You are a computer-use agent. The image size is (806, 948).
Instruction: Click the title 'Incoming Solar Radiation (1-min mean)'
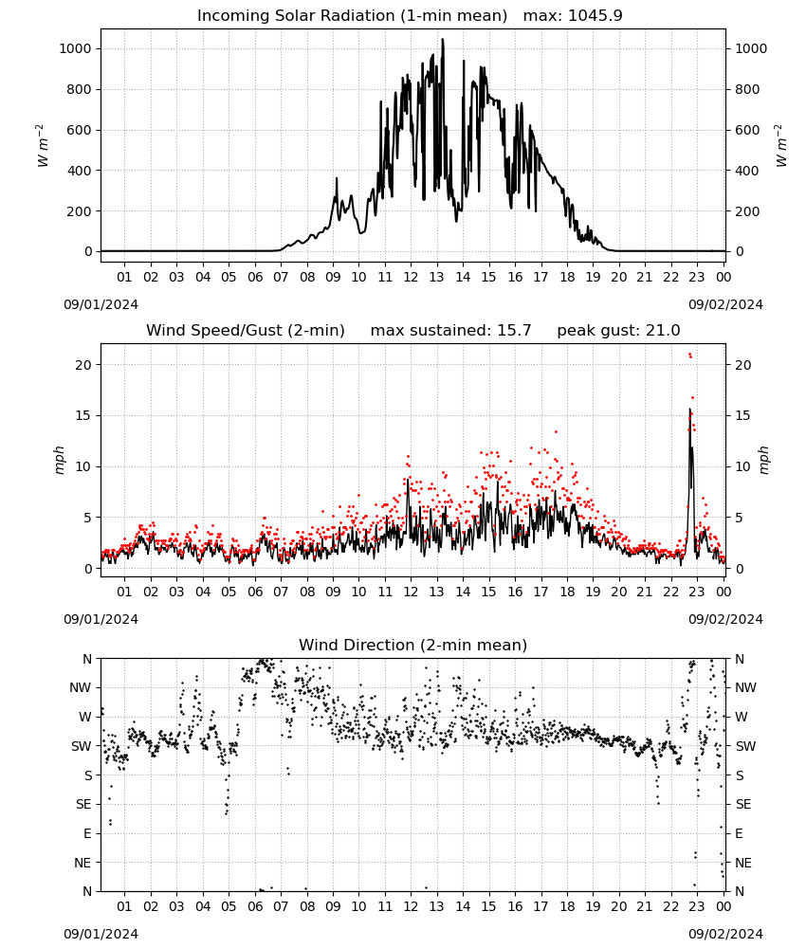pos(352,16)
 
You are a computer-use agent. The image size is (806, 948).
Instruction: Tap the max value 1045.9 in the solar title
pos(595,16)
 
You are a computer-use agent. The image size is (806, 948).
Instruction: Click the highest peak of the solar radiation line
pos(443,40)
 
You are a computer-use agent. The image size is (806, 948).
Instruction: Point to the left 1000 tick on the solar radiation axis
pos(75,48)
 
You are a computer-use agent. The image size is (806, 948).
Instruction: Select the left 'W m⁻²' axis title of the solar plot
pos(41,146)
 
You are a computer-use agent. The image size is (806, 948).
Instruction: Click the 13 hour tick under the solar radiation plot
pos(436,277)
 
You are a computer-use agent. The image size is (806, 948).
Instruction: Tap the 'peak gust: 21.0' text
pos(618,331)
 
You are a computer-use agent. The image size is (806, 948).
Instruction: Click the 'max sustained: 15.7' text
pos(450,331)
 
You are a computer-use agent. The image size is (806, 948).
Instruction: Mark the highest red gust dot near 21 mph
pos(689,355)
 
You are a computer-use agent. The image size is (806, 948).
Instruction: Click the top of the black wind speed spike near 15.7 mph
pos(689,410)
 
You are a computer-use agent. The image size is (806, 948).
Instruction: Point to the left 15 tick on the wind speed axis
pos(83,415)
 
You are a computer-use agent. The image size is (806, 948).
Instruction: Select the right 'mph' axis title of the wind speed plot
pos(763,461)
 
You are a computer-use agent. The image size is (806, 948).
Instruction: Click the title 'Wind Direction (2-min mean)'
pos(413,645)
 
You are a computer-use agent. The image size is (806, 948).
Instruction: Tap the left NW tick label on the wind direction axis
pos(81,687)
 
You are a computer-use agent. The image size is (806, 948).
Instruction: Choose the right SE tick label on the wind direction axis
pos(743,804)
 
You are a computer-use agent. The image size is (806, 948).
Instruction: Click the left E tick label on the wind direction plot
pos(87,833)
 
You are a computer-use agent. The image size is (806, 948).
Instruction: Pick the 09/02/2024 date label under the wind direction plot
pos(725,934)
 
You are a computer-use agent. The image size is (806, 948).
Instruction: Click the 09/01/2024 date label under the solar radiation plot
pos(101,304)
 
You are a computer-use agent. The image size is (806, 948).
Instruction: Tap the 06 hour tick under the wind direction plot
pos(255,907)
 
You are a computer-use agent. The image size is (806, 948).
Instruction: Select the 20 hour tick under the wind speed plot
pos(618,592)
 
